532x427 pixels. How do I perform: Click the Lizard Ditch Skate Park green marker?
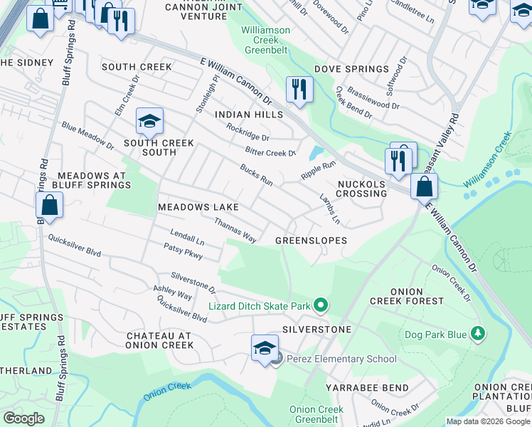pos(321,306)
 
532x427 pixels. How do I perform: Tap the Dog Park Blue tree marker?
pos(479,332)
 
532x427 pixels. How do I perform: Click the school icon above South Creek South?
pos(150,122)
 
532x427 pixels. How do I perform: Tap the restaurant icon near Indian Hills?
pos(299,89)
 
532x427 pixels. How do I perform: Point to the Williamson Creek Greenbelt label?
pos(265,41)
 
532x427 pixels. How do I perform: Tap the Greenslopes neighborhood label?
pos(312,241)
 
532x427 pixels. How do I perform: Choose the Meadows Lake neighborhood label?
pos(198,207)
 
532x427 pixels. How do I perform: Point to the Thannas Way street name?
pos(235,230)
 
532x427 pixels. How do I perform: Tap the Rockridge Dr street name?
pos(248,133)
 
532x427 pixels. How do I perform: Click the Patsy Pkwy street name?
pos(183,252)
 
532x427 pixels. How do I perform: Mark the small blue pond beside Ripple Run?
pos(315,153)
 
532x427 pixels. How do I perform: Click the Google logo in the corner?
pos(23,418)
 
